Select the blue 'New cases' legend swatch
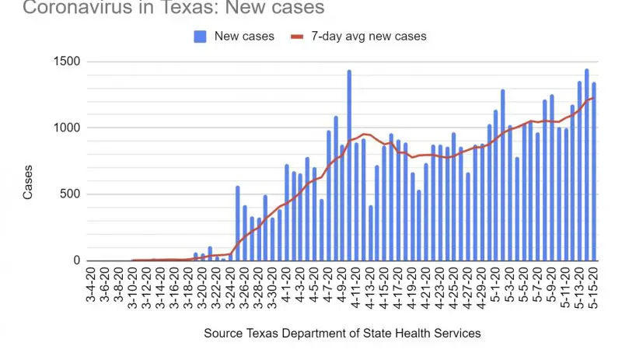tap(201, 36)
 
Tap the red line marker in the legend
tap(295, 36)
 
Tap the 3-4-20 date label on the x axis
tap(93, 287)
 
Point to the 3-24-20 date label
tap(232, 287)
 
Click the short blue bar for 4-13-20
tap(370, 233)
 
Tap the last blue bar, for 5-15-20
tap(594, 171)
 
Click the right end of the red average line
tap(594, 97)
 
